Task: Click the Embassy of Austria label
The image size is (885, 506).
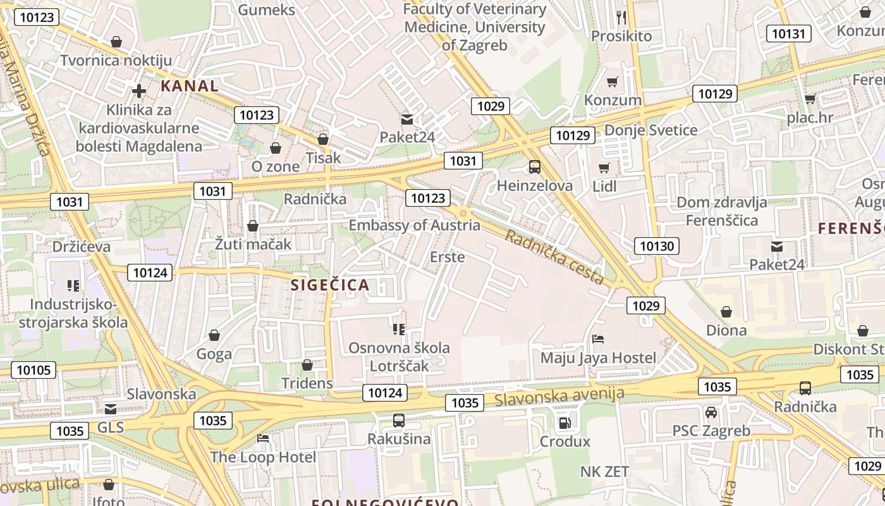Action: point(414,225)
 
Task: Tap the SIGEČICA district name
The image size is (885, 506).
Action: point(330,285)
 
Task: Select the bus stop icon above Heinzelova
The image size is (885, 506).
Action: point(535,167)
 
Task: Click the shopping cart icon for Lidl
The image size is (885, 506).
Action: point(604,168)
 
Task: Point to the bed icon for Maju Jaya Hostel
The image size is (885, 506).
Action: point(598,339)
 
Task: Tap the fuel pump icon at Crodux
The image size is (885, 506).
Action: point(565,423)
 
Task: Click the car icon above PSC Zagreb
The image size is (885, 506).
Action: point(711,412)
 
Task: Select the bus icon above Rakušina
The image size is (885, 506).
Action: point(399,420)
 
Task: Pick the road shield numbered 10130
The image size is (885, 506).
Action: point(657,246)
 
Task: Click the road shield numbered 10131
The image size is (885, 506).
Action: point(788,34)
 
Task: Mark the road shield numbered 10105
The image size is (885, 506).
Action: point(34,370)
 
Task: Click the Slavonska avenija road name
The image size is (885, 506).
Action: point(559,397)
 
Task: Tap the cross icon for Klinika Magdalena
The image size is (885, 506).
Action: point(138,91)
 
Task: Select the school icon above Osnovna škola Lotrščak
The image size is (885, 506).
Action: point(399,329)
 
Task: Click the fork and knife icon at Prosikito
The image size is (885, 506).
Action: point(621,17)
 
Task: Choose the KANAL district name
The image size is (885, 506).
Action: point(189,86)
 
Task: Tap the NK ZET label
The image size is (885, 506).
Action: point(604,471)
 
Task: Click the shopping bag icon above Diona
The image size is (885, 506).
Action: point(726,312)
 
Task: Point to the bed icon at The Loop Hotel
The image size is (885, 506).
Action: point(263,438)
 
